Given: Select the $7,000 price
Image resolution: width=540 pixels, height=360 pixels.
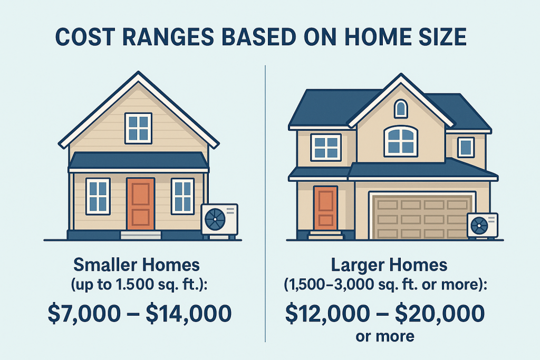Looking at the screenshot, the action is [84, 314].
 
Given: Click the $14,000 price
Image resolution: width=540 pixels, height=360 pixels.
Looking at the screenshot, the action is [189, 314].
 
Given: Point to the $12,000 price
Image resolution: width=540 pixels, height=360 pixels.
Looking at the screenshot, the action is [327, 314].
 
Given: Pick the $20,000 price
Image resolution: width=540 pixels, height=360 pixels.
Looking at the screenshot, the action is [440, 314].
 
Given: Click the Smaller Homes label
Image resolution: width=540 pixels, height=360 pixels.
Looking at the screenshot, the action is [137, 265].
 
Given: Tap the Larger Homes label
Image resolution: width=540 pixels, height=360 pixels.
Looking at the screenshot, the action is [389, 265].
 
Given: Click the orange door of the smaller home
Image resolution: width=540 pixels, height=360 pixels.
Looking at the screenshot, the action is [140, 204].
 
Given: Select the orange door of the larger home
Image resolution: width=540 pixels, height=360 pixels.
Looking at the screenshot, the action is [325, 209].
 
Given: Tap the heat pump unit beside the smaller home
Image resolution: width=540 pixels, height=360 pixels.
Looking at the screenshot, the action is [219, 220].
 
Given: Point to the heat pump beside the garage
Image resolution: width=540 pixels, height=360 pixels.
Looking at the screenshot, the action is [483, 225].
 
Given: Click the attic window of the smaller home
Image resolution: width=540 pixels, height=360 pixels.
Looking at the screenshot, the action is [139, 128].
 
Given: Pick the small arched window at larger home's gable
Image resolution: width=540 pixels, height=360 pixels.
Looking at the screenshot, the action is [401, 109].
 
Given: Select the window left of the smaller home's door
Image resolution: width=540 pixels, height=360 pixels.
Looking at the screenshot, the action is [98, 196].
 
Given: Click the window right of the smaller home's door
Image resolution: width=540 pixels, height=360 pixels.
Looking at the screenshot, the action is [182, 196].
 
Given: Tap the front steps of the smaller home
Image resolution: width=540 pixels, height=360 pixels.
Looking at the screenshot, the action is [140, 236].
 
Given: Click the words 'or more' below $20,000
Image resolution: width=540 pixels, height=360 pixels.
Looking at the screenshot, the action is [385, 336].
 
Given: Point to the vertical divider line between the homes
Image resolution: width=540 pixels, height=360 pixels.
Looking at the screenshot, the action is [265, 203].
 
